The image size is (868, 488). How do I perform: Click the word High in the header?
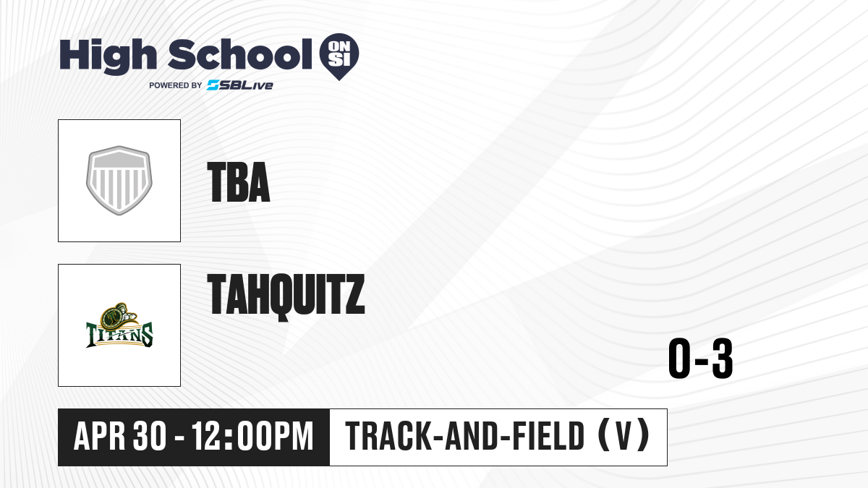(108, 56)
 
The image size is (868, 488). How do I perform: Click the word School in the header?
(240, 54)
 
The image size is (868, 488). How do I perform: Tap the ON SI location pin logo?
(339, 56)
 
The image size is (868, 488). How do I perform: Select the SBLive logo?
(240, 85)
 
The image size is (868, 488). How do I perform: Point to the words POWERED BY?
(176, 85)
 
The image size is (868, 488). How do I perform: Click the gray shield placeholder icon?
(119, 181)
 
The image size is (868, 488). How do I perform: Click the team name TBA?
(239, 182)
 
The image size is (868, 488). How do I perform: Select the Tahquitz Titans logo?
(119, 325)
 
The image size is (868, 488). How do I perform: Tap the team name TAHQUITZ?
(286, 296)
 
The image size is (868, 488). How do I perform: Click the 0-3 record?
(701, 359)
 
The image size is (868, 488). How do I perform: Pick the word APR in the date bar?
(100, 437)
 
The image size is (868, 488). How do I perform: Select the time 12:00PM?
(252, 437)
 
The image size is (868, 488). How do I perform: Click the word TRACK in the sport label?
(388, 437)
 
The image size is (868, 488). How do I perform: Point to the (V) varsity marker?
(624, 435)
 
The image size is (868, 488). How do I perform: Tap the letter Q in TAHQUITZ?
(286, 297)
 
